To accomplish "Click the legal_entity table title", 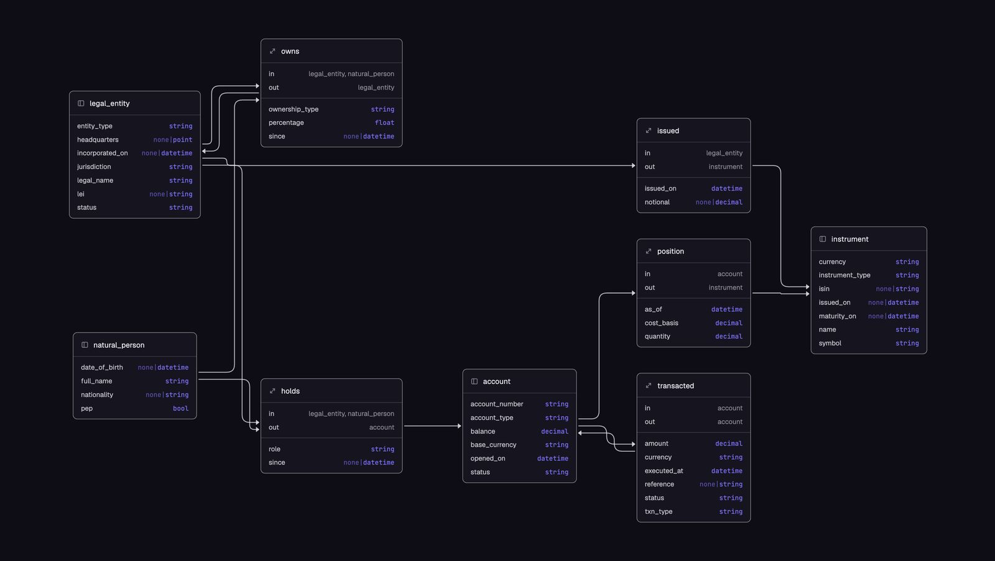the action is pyautogui.click(x=109, y=103).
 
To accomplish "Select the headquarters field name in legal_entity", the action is pyautogui.click(x=98, y=140).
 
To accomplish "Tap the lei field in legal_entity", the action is pyautogui.click(x=80, y=194).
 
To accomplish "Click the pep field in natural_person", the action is pyautogui.click(x=86, y=408).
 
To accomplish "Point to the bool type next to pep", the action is pyautogui.click(x=181, y=408).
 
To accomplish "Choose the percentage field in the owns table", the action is pyautogui.click(x=286, y=122).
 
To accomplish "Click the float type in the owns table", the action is pyautogui.click(x=384, y=122).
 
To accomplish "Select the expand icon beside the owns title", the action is pyautogui.click(x=272, y=52).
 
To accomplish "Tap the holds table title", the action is pyautogui.click(x=290, y=391).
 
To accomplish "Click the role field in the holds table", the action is pyautogui.click(x=274, y=449).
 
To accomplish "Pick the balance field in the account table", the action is pyautogui.click(x=483, y=431).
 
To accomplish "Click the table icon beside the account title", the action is pyautogui.click(x=474, y=381).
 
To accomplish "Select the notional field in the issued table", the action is pyautogui.click(x=657, y=203).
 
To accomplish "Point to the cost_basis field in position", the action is pyautogui.click(x=661, y=323).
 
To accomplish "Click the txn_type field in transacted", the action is pyautogui.click(x=659, y=512).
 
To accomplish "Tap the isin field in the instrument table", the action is pyautogui.click(x=824, y=289).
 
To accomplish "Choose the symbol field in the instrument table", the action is pyautogui.click(x=830, y=343).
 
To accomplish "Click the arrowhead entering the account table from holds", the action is pyautogui.click(x=460, y=426).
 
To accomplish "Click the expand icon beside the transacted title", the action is pyautogui.click(x=649, y=386).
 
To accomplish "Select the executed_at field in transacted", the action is pyautogui.click(x=664, y=471).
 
